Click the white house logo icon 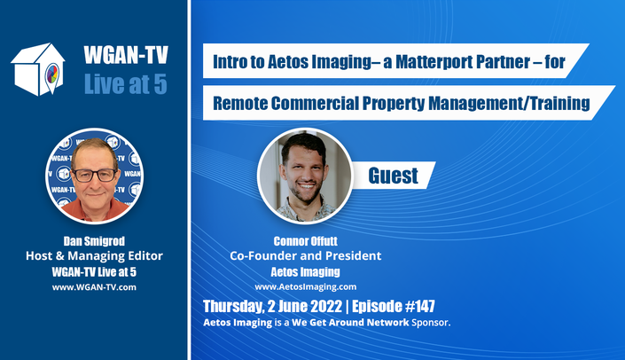click(x=38, y=69)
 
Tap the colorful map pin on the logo click(x=51, y=76)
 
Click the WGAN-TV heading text click(x=126, y=55)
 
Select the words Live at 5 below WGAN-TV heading click(x=126, y=84)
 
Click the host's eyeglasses click(x=95, y=175)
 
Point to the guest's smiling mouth click(x=307, y=186)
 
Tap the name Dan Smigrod click(x=94, y=241)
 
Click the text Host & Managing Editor click(x=94, y=255)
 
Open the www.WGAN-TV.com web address click(x=94, y=287)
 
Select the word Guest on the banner click(x=393, y=176)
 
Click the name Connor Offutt click(x=305, y=241)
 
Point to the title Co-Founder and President click(x=305, y=255)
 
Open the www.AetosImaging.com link click(x=305, y=286)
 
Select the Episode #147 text click(x=394, y=306)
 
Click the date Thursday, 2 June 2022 click(x=273, y=306)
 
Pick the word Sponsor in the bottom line click(x=431, y=322)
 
